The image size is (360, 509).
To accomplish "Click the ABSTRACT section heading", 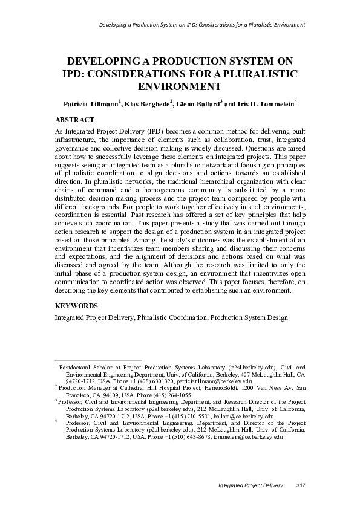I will [x=74, y=120].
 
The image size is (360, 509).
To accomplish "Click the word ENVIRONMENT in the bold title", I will [x=180, y=86].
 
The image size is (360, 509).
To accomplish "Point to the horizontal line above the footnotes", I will [x=98, y=361].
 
